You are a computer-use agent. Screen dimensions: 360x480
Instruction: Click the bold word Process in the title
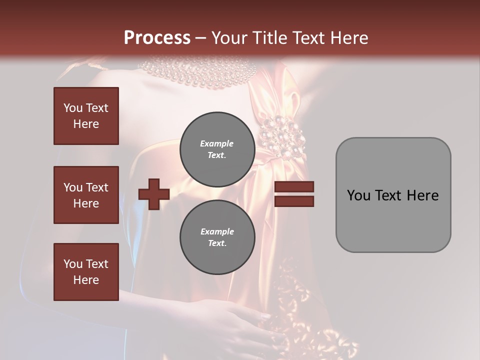click(x=157, y=37)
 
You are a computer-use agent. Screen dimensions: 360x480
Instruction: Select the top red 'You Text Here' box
click(x=86, y=116)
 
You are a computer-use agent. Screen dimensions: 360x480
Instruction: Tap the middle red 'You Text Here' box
click(x=86, y=195)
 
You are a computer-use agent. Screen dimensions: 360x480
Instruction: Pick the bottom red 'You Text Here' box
click(x=86, y=272)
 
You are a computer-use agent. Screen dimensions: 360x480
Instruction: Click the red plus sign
click(x=153, y=194)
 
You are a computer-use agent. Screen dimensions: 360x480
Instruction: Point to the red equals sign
click(x=294, y=194)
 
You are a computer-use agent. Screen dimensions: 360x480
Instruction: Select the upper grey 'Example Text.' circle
click(x=217, y=149)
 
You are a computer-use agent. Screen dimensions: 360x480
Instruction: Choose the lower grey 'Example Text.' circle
click(x=217, y=237)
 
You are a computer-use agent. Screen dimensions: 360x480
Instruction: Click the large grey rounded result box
click(x=393, y=195)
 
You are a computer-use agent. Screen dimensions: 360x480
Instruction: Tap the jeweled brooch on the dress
click(x=281, y=135)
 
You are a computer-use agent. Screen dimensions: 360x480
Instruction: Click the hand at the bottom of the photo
click(x=240, y=320)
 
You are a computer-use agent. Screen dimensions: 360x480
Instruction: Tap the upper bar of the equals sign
click(x=294, y=187)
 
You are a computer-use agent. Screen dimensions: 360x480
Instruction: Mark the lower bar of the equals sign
click(x=294, y=201)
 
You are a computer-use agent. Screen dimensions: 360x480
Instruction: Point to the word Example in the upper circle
click(x=217, y=143)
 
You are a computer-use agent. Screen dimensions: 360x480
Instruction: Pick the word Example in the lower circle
click(x=217, y=231)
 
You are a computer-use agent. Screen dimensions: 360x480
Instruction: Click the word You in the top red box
click(x=73, y=108)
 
